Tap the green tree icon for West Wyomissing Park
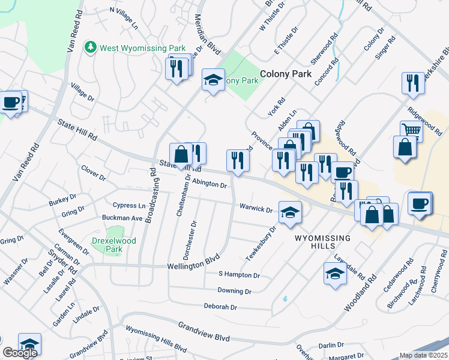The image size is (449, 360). [x=91, y=46]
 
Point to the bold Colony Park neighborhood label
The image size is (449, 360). [x=286, y=74]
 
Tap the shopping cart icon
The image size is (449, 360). [x=411, y=130]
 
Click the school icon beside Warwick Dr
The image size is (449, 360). [x=290, y=212]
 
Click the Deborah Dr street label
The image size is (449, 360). [x=220, y=307]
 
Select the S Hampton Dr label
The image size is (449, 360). [x=239, y=275]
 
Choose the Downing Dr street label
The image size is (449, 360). [x=235, y=291]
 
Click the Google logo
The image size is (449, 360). [x=20, y=352]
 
